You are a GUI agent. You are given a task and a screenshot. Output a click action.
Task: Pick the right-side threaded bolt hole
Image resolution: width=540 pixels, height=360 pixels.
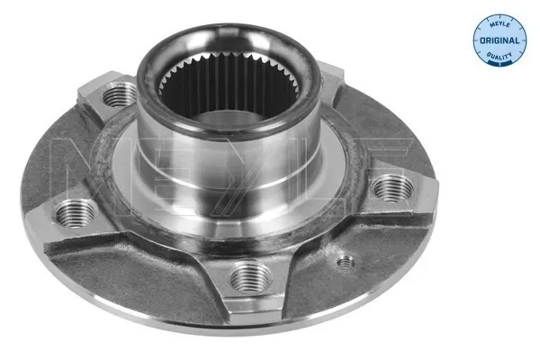[x=392, y=188]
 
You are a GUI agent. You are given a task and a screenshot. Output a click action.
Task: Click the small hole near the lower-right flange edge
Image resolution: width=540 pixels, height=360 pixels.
[x=344, y=263]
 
